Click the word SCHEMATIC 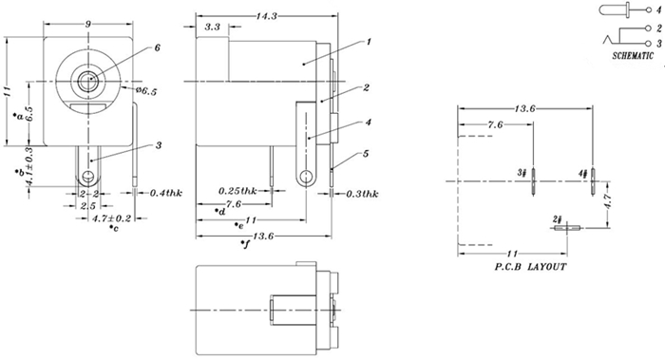click(633, 55)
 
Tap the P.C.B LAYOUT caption click(530, 267)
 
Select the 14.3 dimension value click(266, 16)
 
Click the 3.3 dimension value click(213, 27)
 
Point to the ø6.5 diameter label click(146, 91)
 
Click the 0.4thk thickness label click(166, 193)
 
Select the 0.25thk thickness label click(237, 191)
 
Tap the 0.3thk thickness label click(362, 194)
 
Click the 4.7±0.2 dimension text click(111, 218)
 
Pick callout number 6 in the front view click(158, 47)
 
